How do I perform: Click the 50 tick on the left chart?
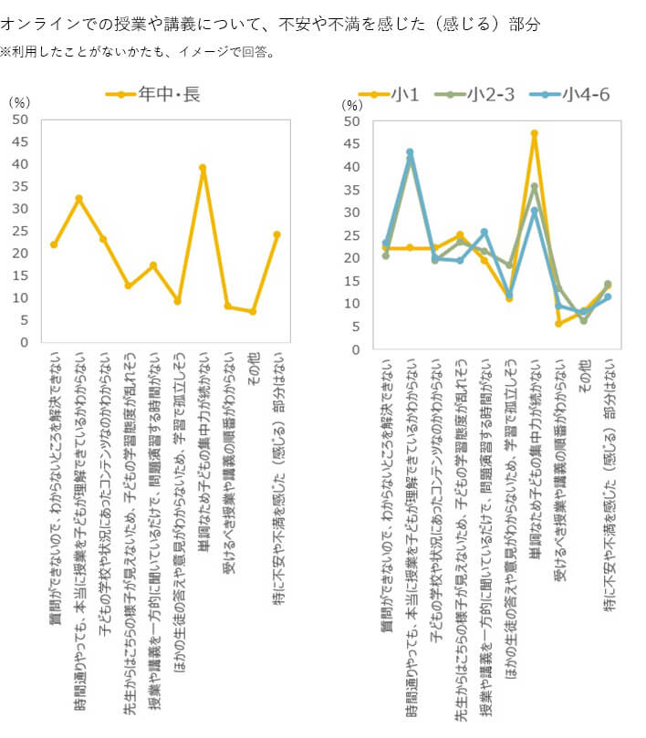click(21, 120)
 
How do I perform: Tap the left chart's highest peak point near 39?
click(203, 168)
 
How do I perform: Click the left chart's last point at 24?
click(276, 234)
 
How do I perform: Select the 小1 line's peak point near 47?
click(534, 133)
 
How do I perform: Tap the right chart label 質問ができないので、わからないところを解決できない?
click(386, 483)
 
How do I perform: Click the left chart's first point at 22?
click(54, 244)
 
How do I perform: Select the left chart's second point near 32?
click(79, 198)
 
